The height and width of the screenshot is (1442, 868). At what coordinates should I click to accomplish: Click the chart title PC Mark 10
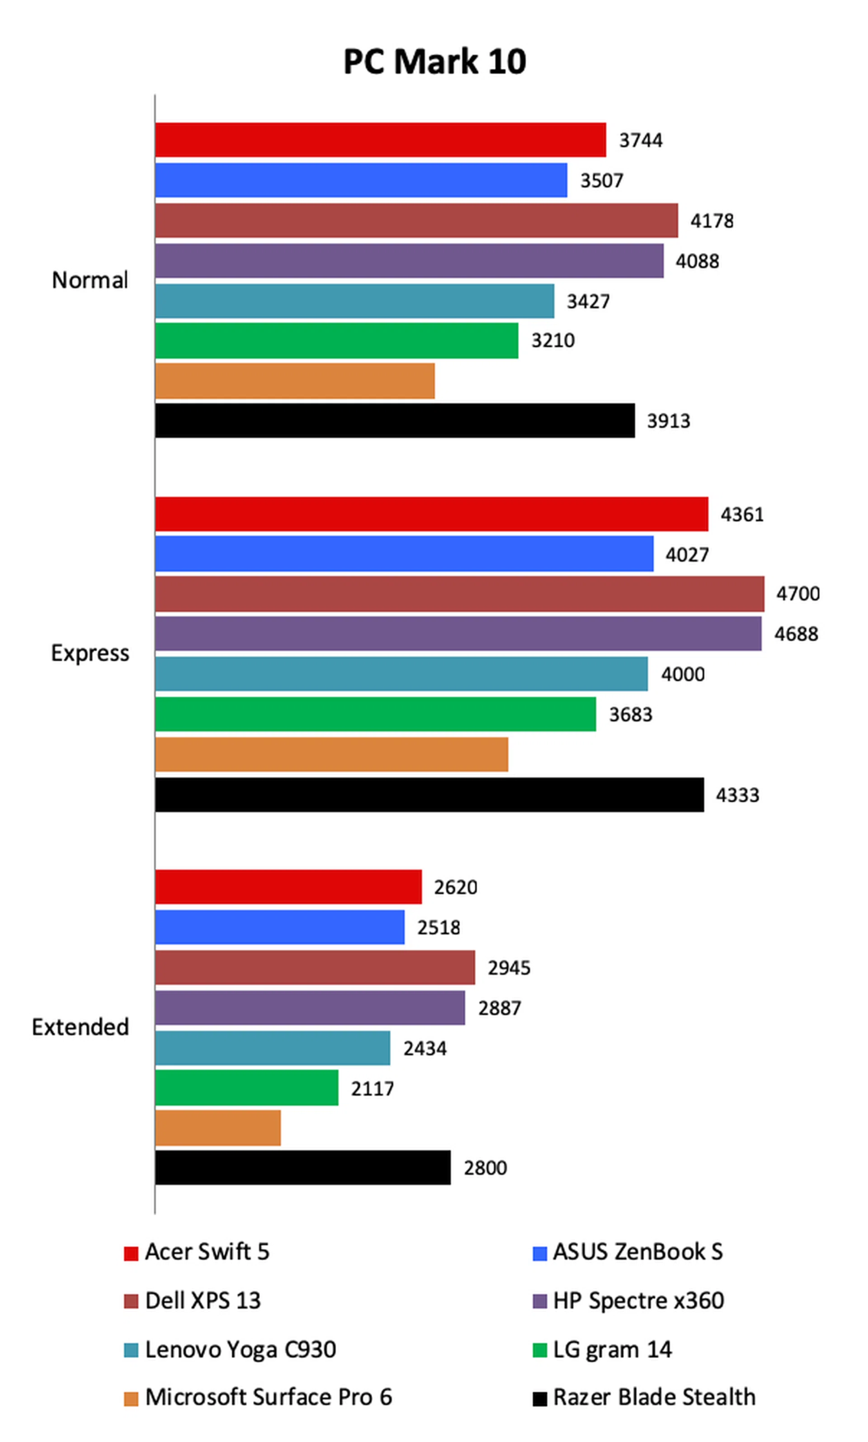pos(434,61)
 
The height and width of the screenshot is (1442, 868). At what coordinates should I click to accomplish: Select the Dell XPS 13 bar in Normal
pos(416,221)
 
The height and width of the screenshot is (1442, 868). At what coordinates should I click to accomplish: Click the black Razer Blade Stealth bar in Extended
pos(302,1168)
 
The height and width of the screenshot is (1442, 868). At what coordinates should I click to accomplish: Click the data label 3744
pos(641,140)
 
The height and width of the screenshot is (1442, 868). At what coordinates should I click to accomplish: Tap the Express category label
pos(90,653)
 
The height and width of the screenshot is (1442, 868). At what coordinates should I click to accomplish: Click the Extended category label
pos(80,1027)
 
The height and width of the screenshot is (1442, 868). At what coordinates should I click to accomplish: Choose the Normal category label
pos(90,280)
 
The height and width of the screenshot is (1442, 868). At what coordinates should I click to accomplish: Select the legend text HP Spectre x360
pos(638,1301)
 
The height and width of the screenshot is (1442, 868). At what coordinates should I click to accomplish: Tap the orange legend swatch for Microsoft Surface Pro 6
pos(131,1399)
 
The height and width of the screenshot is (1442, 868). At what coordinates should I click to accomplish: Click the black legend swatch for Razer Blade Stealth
pos(539,1399)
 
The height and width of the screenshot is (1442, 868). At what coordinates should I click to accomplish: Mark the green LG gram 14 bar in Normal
pos(336,341)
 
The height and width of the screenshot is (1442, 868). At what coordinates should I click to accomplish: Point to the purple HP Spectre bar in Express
pos(458,633)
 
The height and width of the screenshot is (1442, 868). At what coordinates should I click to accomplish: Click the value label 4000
pos(683,674)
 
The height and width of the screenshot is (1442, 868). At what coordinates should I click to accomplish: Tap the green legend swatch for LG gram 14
pos(539,1350)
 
